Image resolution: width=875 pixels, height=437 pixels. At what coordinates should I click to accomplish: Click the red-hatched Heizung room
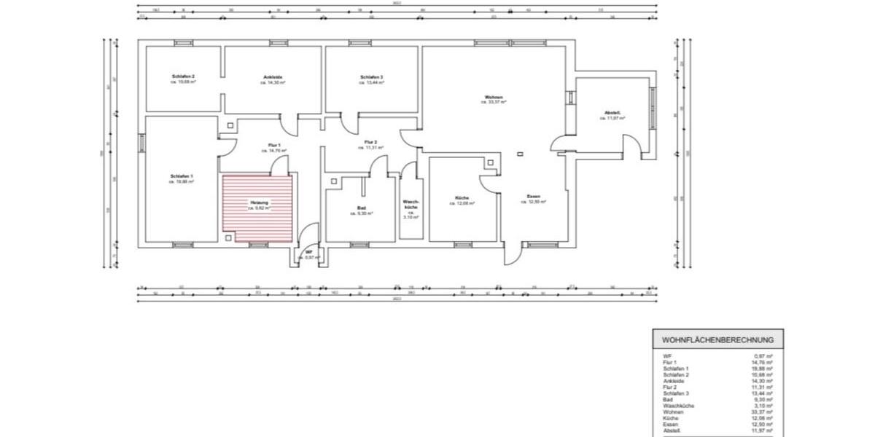point(257,208)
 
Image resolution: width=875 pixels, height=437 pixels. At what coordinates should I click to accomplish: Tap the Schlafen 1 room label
point(182,176)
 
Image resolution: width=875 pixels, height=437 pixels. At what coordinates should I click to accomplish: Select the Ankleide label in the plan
point(273,77)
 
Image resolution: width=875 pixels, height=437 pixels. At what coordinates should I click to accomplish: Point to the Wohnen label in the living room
point(493,98)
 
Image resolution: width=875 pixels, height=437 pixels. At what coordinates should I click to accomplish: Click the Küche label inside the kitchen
point(462,198)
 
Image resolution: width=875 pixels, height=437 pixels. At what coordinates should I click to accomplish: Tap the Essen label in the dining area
point(533,197)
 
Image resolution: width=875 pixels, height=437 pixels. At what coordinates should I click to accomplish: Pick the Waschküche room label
point(411,205)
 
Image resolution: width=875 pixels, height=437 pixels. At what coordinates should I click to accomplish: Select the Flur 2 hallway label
point(370,142)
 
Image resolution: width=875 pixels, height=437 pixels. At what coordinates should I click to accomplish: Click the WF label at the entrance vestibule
point(309,252)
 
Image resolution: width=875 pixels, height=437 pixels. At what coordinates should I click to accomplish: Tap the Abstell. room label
point(612,113)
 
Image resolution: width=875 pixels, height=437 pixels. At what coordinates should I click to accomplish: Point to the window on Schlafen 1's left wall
point(141,143)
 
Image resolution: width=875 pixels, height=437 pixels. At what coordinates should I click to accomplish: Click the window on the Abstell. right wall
point(653,98)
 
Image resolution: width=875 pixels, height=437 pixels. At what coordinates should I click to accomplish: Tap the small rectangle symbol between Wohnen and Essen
point(520,154)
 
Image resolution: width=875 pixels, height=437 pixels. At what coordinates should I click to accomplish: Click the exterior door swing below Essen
point(511,255)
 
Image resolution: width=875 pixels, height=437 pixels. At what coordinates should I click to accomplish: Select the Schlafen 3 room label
point(371,77)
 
